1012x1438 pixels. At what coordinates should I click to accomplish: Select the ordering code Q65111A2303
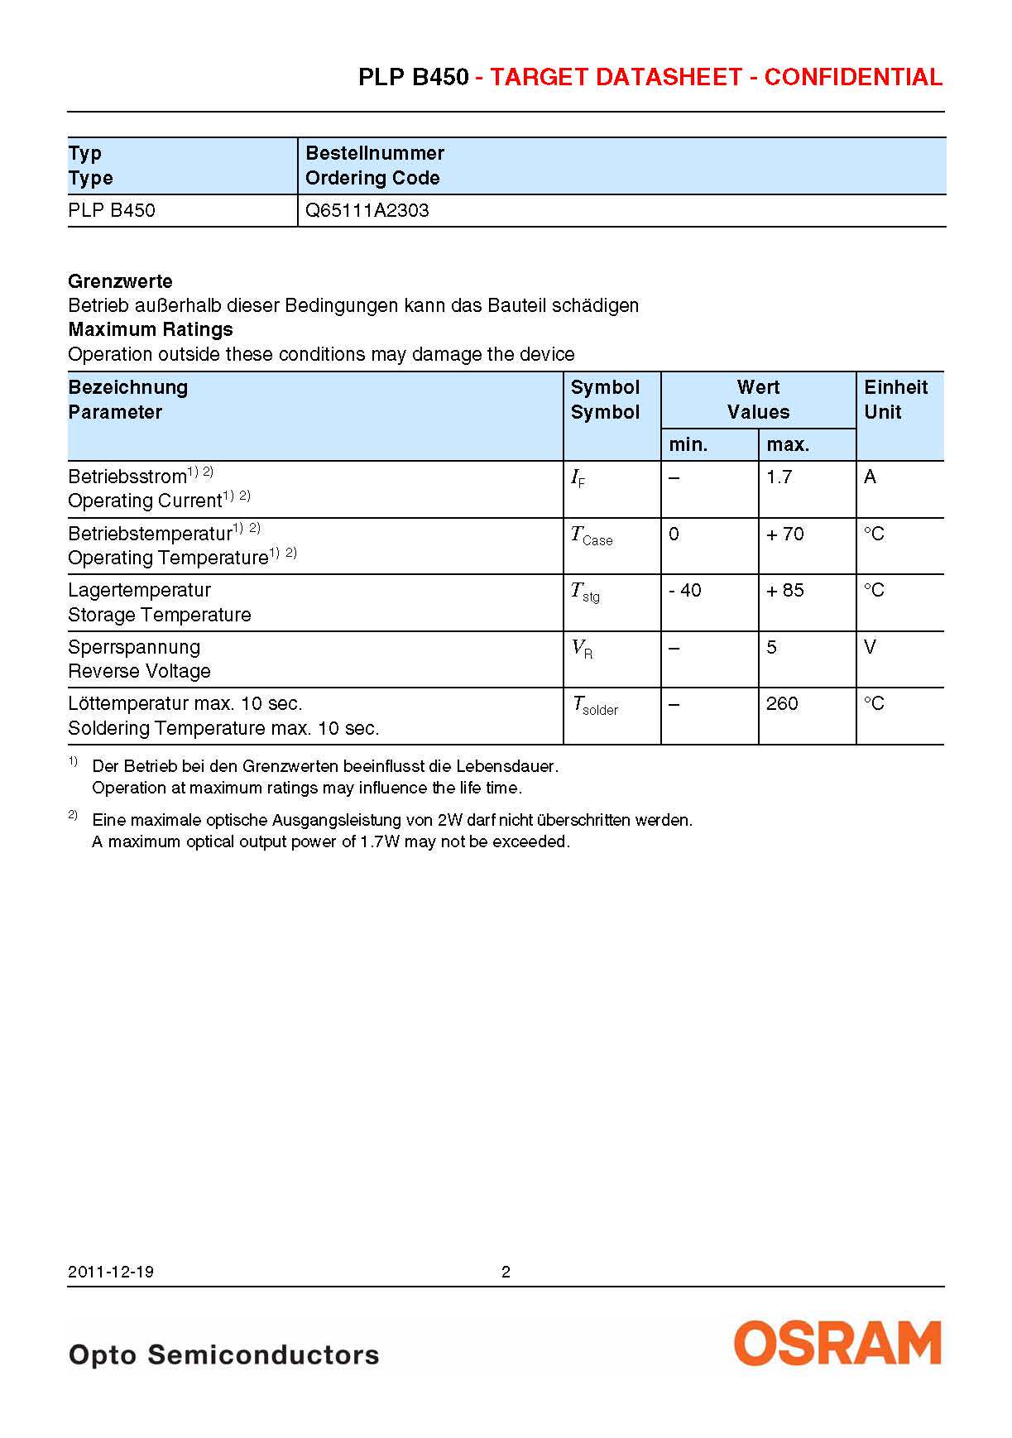point(367,210)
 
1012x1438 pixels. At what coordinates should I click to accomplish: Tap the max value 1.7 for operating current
point(779,477)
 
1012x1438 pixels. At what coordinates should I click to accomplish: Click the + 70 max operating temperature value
point(784,534)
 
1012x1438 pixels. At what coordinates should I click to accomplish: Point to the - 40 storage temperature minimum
point(685,590)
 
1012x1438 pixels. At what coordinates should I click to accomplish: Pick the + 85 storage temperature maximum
point(784,590)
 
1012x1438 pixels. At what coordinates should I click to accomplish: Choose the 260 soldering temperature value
point(782,703)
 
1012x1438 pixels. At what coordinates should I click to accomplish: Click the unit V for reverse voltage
point(870,647)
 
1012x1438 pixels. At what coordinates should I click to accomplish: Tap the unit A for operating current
point(870,477)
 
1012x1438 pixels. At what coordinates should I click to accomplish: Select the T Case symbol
point(592,536)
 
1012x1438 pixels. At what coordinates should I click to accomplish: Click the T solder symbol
point(595,707)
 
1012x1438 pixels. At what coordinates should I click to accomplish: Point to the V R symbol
point(583,649)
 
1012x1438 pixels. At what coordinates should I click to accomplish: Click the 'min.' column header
point(688,445)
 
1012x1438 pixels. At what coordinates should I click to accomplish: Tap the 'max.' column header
point(788,445)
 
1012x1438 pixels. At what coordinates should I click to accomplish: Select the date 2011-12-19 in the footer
point(111,1272)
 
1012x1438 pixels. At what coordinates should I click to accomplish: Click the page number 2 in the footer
point(506,1272)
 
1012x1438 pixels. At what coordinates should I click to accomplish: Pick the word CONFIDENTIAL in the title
point(853,78)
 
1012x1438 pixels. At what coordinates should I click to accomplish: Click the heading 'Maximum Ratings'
point(151,329)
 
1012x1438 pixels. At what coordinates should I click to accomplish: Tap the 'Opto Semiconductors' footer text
point(224,1354)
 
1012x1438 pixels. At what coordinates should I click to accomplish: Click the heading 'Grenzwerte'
point(121,281)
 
